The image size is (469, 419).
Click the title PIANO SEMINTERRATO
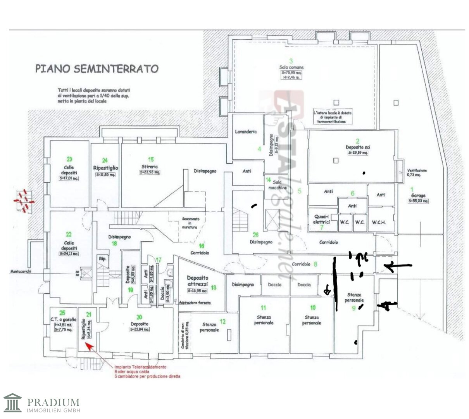pos(97,69)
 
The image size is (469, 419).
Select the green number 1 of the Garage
pos(412,190)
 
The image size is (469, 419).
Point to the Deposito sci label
pos(357,147)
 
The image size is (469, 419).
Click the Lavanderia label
pos(246,132)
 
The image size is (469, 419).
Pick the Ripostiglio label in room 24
pos(105,168)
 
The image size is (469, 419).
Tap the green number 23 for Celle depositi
pos(69,159)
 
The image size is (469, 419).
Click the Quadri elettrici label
pos(321,220)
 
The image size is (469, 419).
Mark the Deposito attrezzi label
pos(197,281)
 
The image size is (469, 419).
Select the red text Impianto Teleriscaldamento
pos(140,367)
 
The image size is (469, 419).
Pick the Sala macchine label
pos(277,185)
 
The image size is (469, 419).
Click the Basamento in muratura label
pos(191,223)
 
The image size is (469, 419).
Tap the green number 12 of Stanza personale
pos(222,321)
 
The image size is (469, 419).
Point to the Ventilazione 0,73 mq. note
pos(417,173)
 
